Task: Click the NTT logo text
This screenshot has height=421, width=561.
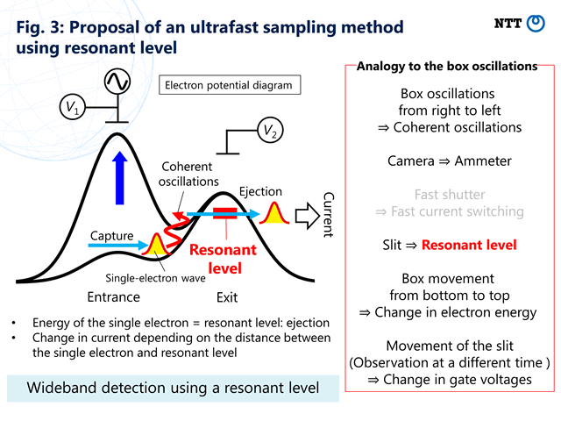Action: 508,24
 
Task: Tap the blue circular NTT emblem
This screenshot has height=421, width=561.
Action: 536,24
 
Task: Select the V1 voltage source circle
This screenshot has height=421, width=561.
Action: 73,107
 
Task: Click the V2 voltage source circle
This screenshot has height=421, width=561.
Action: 270,130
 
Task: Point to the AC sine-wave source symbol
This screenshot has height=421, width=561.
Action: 117,82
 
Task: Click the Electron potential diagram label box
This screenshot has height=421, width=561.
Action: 230,85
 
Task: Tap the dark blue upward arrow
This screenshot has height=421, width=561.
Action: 119,178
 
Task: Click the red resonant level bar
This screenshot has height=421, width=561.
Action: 225,213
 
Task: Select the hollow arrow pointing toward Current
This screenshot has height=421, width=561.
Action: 308,216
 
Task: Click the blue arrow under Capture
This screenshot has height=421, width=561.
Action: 118,246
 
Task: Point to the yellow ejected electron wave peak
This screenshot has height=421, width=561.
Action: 274,213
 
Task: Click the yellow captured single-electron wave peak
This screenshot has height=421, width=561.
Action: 156,244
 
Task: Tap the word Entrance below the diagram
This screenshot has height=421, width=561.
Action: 113,297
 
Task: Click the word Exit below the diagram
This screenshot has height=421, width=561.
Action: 227,297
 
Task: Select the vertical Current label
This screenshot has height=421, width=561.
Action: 329,215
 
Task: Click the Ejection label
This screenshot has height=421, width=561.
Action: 260,191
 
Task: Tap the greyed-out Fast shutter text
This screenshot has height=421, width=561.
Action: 450,195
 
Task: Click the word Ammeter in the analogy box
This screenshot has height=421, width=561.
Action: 483,161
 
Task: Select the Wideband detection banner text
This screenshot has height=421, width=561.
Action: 173,388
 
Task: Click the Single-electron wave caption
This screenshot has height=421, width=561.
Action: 155,278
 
